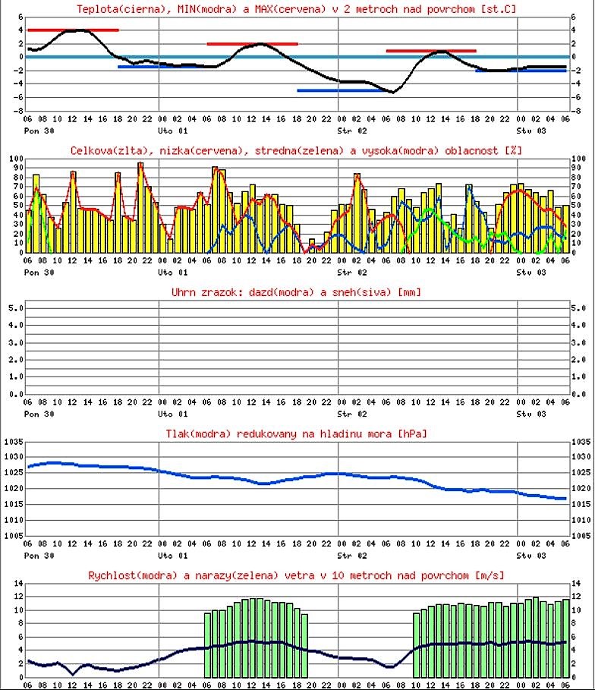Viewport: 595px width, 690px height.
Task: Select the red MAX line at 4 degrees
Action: [73, 30]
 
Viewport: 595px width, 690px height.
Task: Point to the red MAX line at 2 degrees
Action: [252, 44]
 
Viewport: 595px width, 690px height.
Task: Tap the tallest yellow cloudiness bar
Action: [140, 206]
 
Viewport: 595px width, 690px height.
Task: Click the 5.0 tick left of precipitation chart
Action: [15, 308]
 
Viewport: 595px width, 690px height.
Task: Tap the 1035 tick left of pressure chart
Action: [13, 442]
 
